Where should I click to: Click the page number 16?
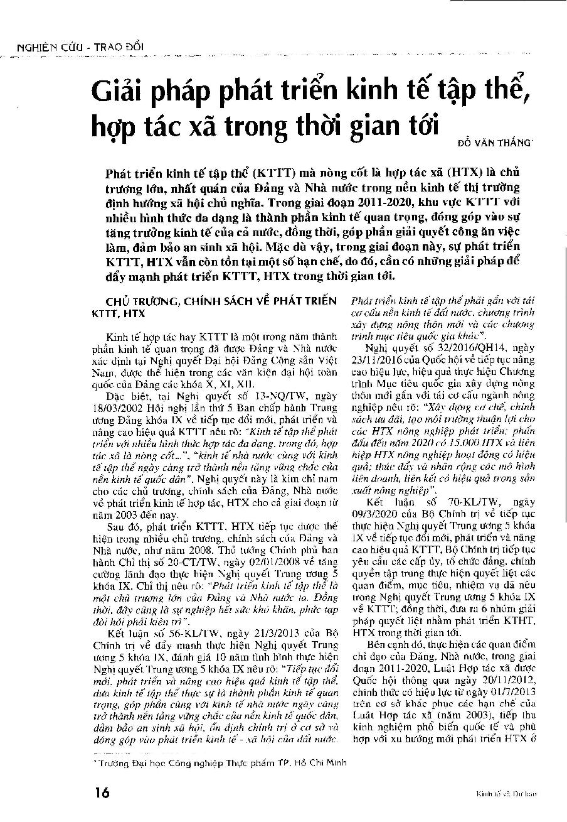click(102, 792)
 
